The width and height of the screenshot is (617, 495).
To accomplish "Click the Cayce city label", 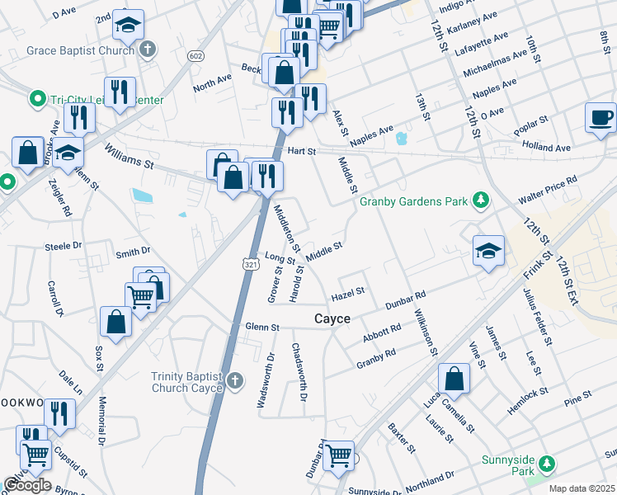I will click(332, 318).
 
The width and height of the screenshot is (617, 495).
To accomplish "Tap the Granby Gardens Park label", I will click(412, 200).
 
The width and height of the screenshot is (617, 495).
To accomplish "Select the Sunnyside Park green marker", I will click(544, 469).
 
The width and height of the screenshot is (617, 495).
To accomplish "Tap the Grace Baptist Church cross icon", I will click(148, 50).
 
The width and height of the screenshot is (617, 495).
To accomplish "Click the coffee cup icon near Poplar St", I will click(601, 117).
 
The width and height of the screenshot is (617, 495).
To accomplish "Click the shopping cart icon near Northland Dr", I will click(338, 455).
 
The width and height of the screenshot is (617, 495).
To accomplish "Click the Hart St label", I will click(302, 152).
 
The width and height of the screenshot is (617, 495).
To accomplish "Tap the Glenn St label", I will click(263, 328).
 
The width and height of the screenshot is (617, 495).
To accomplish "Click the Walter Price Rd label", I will click(548, 191).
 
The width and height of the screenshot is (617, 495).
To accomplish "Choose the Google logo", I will click(27, 485).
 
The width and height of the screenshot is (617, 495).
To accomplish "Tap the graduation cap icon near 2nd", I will click(128, 26).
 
